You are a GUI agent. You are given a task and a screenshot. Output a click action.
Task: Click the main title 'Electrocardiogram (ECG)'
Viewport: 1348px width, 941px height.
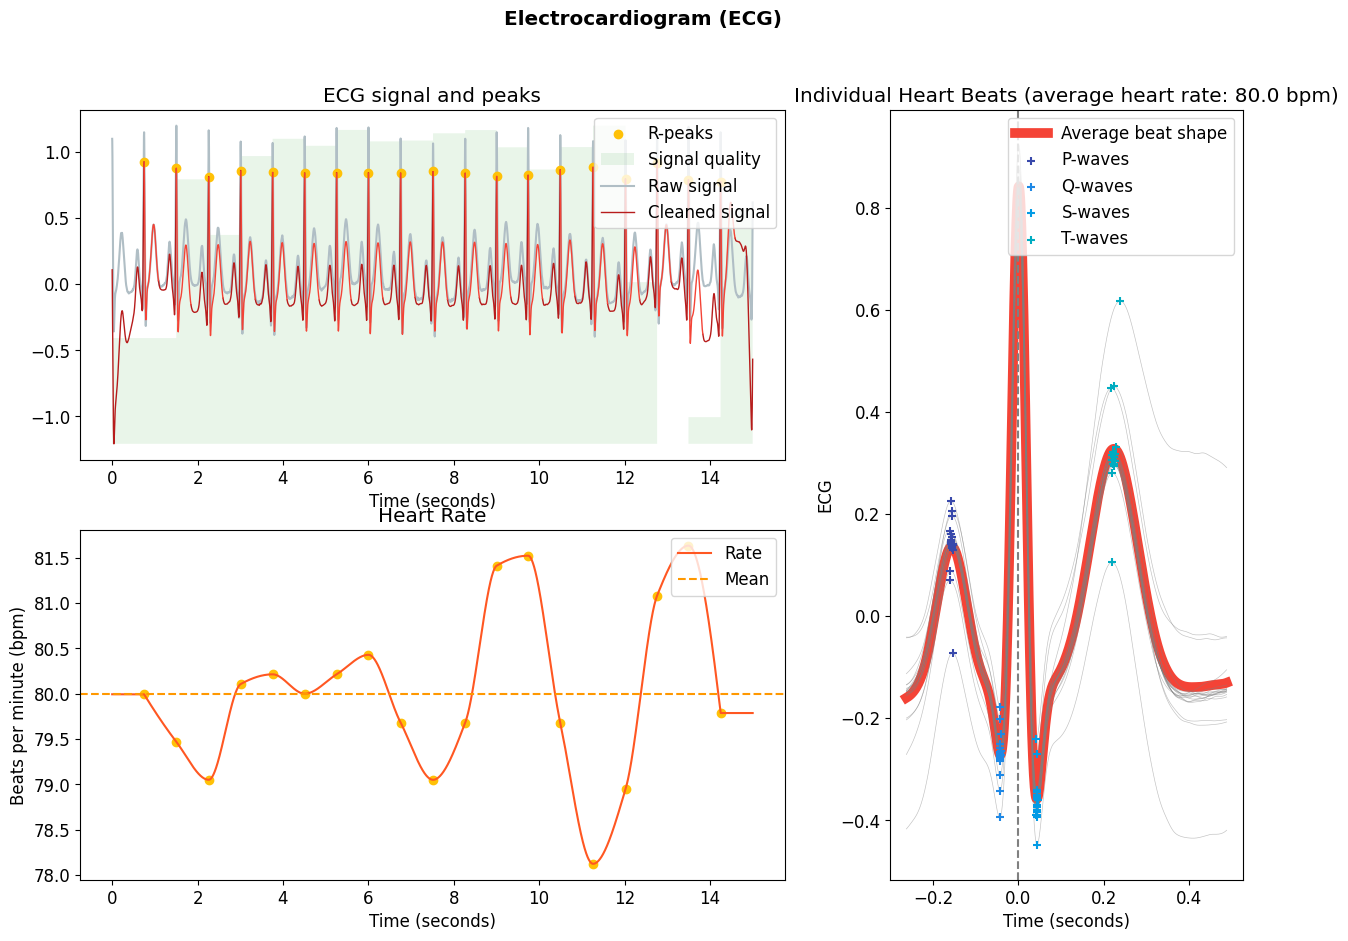(642, 19)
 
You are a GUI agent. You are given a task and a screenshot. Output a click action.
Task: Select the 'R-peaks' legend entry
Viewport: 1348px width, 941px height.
(680, 133)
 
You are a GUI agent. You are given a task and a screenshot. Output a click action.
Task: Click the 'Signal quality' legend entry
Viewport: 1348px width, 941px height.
(703, 159)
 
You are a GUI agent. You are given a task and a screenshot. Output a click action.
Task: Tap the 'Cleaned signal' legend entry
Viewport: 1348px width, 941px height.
(708, 212)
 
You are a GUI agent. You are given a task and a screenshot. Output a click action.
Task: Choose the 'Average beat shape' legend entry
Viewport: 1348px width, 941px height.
(1143, 133)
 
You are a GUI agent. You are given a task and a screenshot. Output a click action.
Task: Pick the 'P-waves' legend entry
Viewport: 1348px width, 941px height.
(1094, 159)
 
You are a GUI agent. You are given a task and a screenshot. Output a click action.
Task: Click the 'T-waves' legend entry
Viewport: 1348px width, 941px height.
(1094, 238)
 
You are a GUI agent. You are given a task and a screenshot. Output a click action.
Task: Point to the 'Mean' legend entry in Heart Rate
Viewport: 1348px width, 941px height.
(746, 579)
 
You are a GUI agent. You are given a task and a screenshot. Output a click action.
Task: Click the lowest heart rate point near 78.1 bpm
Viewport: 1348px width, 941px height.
(593, 864)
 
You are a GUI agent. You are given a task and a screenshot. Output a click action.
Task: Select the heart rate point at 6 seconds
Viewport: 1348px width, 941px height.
(368, 655)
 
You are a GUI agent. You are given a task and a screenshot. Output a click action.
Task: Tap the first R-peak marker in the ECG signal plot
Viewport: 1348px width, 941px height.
(144, 162)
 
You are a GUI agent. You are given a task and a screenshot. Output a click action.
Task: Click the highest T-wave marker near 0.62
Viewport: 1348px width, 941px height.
(1120, 301)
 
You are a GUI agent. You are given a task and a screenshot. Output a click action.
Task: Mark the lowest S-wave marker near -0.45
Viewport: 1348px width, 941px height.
(1037, 845)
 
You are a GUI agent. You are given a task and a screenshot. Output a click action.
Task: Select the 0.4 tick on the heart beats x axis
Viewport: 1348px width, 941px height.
(1188, 898)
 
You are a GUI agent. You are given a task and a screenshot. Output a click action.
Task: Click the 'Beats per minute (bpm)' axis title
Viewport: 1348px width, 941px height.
(18, 705)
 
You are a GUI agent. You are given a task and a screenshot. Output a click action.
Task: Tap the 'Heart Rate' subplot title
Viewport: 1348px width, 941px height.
(432, 516)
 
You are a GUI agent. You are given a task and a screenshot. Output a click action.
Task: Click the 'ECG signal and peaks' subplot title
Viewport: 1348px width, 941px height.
(432, 96)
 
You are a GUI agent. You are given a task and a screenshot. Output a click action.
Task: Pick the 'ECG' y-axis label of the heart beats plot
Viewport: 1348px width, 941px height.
(825, 496)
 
